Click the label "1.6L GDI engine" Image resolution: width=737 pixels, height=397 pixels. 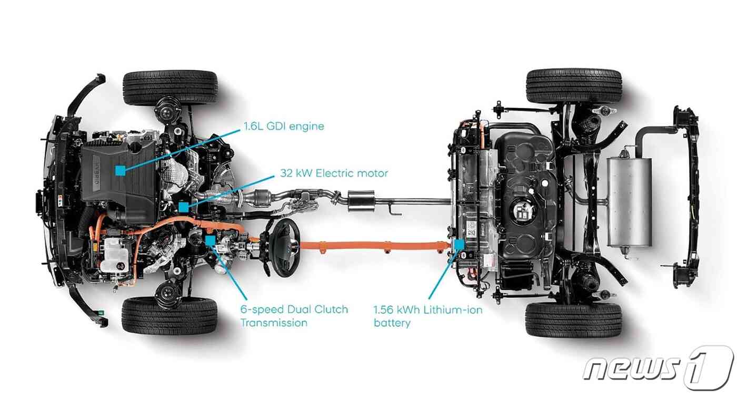(284, 127)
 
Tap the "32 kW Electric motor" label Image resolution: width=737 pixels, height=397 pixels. (334, 173)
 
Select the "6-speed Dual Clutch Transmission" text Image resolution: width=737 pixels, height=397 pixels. (294, 316)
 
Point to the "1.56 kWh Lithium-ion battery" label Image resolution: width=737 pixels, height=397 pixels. (427, 316)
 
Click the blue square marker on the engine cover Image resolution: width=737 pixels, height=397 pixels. (121, 171)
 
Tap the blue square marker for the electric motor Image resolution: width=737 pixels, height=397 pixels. (183, 207)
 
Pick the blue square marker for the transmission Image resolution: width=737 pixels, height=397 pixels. (210, 240)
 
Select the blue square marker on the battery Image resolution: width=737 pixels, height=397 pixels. (459, 245)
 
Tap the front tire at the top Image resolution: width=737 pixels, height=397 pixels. (170, 88)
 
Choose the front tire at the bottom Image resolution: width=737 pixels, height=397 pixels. (170, 316)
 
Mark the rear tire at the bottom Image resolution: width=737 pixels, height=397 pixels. (574, 320)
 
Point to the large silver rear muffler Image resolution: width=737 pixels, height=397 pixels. (629, 202)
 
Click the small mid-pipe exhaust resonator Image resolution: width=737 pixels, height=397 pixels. (361, 201)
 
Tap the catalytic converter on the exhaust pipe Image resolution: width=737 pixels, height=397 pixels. (260, 197)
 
